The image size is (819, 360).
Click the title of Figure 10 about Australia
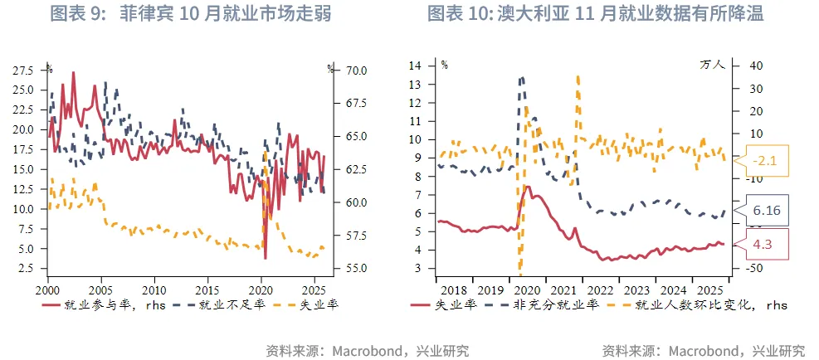[595, 14]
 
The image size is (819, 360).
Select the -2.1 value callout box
[765, 161]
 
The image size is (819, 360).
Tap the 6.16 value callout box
[765, 211]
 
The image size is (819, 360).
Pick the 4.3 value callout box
[765, 245]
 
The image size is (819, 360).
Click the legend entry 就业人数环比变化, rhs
[698, 304]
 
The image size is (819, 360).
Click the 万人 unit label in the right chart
[712, 64]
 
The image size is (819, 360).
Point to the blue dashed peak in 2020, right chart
[521, 79]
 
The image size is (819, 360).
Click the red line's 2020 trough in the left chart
[265, 258]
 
